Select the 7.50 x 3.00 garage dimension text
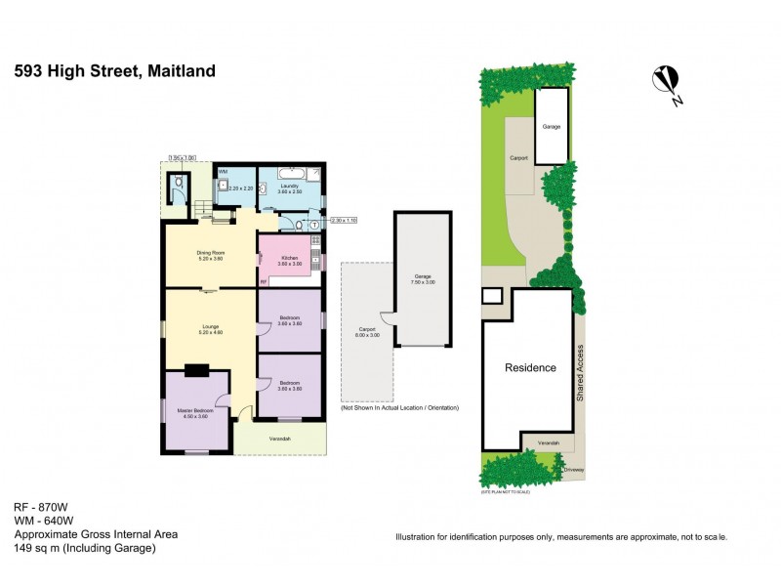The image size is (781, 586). [423, 283]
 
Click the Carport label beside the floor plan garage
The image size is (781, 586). [366, 332]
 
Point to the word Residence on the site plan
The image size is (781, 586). [529, 368]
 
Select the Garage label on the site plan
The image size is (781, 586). [552, 127]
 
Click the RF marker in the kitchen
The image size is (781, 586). [264, 282]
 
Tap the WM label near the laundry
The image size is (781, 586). [223, 171]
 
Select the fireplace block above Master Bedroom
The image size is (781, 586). [198, 369]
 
